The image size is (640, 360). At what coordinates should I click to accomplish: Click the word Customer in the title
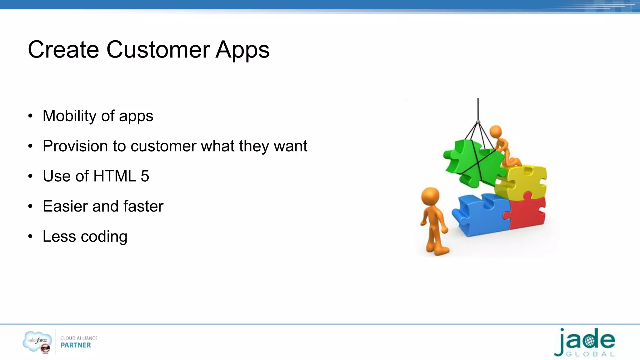coord(158,50)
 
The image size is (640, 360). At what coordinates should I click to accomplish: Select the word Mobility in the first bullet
coord(69,116)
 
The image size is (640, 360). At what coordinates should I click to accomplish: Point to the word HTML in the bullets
coord(115,176)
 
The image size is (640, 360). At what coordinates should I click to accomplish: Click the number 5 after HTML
coord(145,176)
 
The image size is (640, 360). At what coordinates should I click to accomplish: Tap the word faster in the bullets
coord(143,206)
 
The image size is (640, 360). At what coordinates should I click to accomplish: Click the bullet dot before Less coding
coord(30,236)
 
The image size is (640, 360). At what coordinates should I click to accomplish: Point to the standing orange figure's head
coord(431,196)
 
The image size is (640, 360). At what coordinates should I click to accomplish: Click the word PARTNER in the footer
coord(76,345)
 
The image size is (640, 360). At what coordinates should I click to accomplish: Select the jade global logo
coord(584,342)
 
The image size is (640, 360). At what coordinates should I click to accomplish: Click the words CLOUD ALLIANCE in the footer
coord(79,338)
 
